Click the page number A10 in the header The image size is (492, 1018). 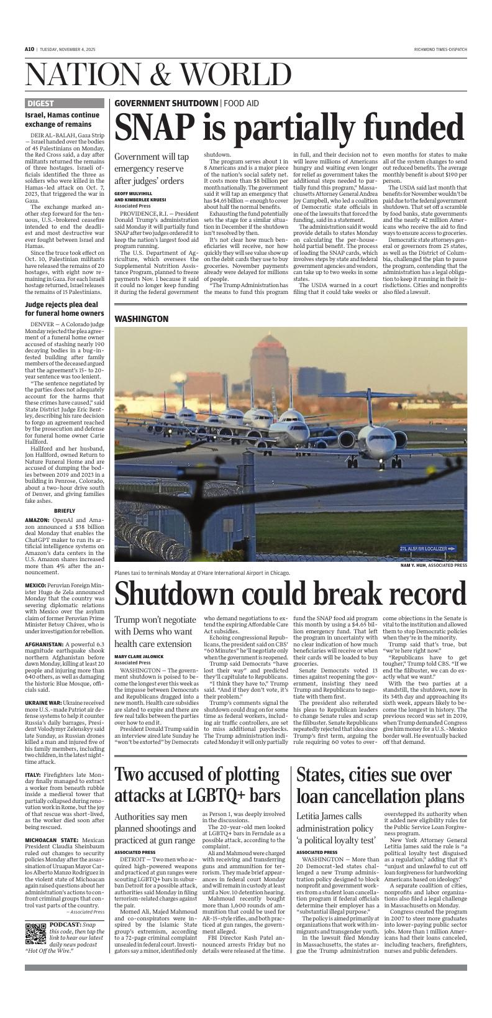tap(29, 49)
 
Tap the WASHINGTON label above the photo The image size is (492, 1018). tap(141, 319)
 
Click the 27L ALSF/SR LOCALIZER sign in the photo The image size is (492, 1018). tap(428, 548)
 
